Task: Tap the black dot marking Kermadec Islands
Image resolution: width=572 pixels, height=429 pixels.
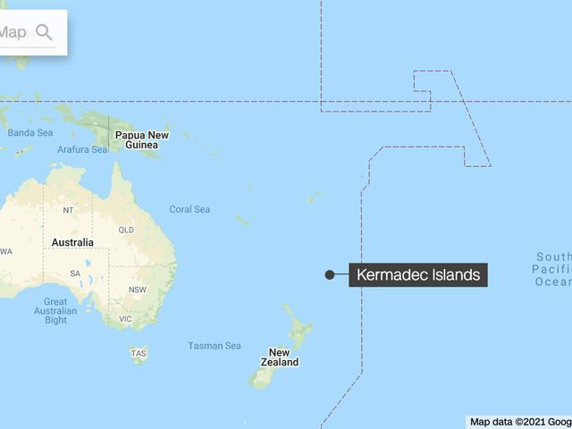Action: click(x=330, y=274)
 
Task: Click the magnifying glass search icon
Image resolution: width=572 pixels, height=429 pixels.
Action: click(x=43, y=33)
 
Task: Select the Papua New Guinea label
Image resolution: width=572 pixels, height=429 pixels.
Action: click(x=141, y=139)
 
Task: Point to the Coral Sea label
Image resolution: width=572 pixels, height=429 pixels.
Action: click(x=189, y=209)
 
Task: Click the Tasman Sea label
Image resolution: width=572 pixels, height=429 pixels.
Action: click(x=214, y=346)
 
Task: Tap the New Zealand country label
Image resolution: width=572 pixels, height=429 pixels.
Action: click(x=280, y=357)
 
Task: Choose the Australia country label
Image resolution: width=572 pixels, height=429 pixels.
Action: click(x=72, y=243)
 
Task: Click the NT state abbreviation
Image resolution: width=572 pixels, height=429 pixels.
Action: click(x=69, y=211)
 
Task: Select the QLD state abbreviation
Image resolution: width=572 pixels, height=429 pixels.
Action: click(x=126, y=229)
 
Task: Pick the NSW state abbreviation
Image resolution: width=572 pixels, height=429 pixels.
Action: click(x=138, y=290)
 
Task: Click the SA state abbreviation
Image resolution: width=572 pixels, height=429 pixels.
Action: click(x=77, y=273)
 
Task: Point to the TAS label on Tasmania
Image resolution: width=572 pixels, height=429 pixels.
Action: click(x=139, y=354)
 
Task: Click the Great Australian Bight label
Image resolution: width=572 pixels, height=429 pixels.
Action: click(x=55, y=311)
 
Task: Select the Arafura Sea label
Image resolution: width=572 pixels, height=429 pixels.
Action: click(x=82, y=150)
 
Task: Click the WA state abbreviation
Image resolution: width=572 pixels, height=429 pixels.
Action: click(x=6, y=251)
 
